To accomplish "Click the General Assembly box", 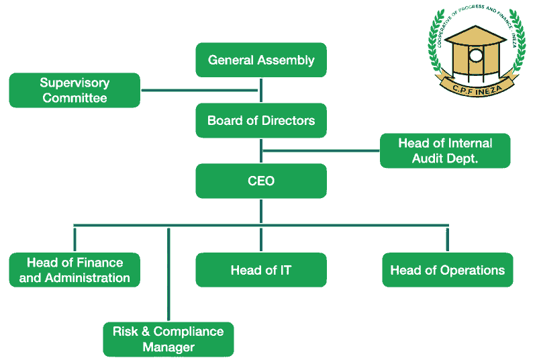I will tap(261, 60).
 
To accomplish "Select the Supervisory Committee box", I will tap(75, 90).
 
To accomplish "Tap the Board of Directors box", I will tap(261, 121).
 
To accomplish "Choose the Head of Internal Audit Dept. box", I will tap(445, 151).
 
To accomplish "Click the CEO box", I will tap(261, 181).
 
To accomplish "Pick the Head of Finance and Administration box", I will tap(75, 270).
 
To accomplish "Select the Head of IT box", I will tap(261, 270).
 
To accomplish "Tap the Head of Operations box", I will tap(448, 270).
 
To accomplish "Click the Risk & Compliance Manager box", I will tap(168, 339).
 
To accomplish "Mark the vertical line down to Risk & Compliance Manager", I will tap(168, 275).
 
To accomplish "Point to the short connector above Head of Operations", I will tap(448, 239).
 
